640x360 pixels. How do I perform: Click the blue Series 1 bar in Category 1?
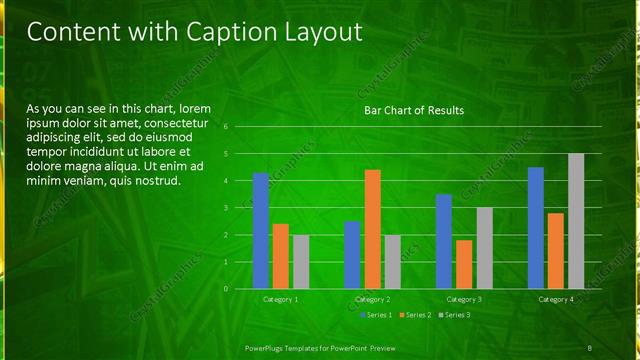(261, 231)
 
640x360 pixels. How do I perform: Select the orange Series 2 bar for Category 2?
(372, 229)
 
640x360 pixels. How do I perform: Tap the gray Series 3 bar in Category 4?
(576, 221)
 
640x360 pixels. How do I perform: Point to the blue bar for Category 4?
(536, 228)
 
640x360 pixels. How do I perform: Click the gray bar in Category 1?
(301, 262)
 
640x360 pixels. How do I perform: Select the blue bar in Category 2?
(352, 255)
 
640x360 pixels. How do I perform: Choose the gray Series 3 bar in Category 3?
(484, 248)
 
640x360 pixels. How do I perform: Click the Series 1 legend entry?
(376, 315)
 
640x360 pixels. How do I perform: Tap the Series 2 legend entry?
(414, 315)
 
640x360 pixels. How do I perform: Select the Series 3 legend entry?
(453, 315)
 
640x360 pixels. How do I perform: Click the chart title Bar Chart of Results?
(413, 110)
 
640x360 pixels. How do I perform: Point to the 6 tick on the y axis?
(227, 127)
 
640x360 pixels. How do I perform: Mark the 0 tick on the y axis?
(227, 289)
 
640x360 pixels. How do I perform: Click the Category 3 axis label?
(464, 299)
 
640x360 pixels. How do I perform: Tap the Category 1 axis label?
(281, 299)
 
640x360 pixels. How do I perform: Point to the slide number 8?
(589, 346)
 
